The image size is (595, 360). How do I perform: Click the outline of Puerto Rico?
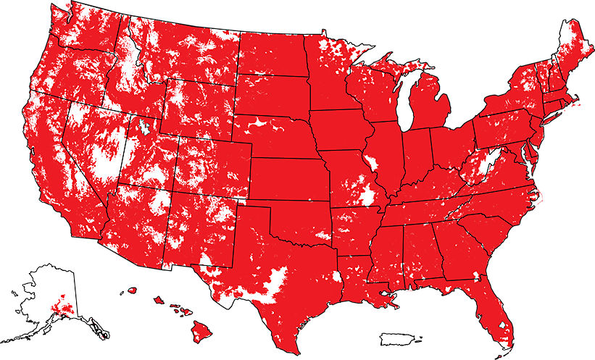[399, 338]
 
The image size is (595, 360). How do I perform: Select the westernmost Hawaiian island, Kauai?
[133, 290]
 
